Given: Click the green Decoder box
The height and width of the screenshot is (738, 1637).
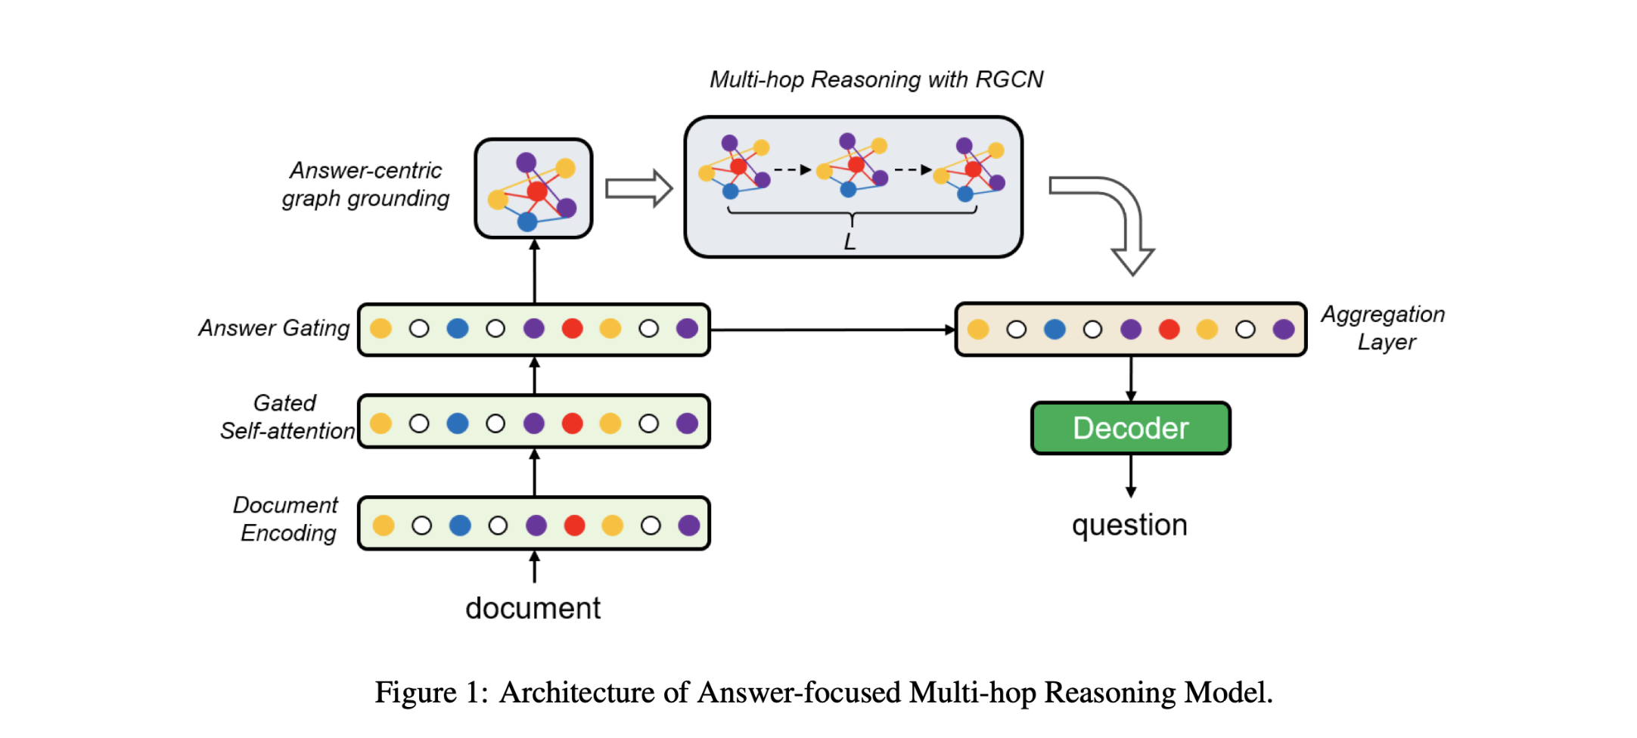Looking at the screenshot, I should click(x=1130, y=428).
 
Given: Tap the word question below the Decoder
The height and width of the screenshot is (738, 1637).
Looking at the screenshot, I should click(x=1129, y=525).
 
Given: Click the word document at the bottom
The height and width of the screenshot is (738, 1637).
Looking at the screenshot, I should click(x=533, y=608).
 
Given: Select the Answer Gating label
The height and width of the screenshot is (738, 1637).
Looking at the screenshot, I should click(x=274, y=328).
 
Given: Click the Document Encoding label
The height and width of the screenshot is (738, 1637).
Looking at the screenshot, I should click(x=286, y=519).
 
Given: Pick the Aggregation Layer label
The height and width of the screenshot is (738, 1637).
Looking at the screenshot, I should click(x=1383, y=327).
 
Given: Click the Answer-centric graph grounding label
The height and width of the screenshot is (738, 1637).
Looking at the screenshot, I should click(x=366, y=184).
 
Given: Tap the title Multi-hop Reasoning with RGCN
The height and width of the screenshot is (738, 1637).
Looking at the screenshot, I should click(x=876, y=79).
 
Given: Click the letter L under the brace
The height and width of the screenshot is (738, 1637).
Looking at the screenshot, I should click(x=850, y=242).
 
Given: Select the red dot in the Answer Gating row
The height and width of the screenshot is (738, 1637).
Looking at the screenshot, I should click(x=572, y=328).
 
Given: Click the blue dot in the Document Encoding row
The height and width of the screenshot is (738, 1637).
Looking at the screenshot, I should click(x=460, y=525).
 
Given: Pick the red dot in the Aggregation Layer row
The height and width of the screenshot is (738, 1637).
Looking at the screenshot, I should click(x=1169, y=329).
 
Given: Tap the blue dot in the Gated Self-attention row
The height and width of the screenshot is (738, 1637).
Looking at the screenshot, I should click(x=458, y=423).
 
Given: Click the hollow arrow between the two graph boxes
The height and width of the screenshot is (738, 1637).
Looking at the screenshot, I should click(x=638, y=188).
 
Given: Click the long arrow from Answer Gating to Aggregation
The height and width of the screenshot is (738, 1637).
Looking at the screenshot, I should click(x=832, y=330).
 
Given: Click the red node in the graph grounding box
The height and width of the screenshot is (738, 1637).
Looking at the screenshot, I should click(x=537, y=191).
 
